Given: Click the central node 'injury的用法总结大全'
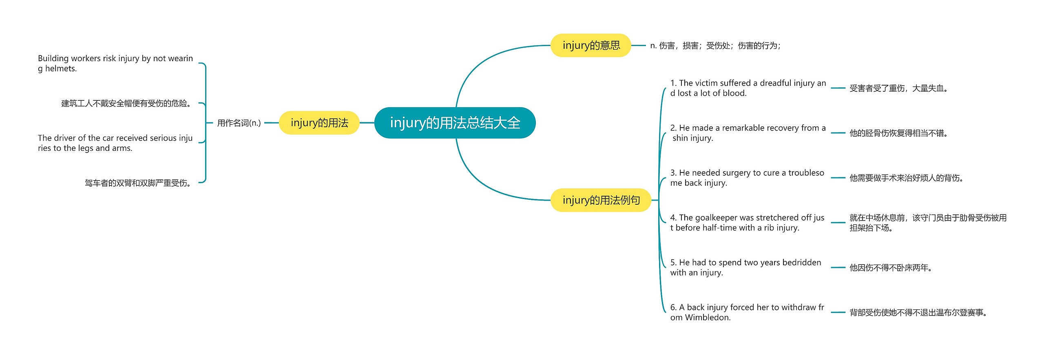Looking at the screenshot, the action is tap(455, 123).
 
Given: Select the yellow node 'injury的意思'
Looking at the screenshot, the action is tap(591, 45).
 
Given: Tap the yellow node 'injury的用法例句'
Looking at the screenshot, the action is tap(601, 200).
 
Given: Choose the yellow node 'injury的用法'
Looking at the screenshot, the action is tap(319, 123).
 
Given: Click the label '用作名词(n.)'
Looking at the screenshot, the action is tap(239, 123).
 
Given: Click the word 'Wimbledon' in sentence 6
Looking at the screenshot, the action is tap(708, 317).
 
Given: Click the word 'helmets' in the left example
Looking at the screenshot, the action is tap(60, 68).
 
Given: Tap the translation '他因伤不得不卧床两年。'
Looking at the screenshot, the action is tap(891, 268).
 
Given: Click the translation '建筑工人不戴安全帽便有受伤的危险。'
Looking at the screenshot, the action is tap(126, 104).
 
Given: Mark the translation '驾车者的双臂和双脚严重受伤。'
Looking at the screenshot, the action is tap(138, 183).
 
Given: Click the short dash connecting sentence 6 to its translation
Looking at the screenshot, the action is tap(838, 312).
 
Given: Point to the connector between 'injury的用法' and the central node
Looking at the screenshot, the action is tap(367, 123).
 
